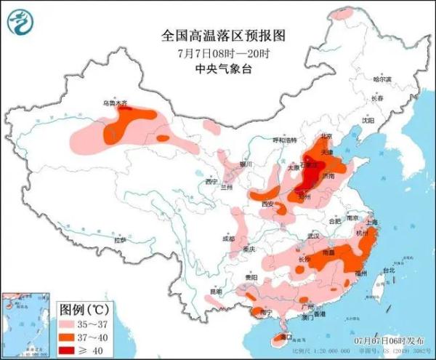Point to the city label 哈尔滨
coord(381,79)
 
